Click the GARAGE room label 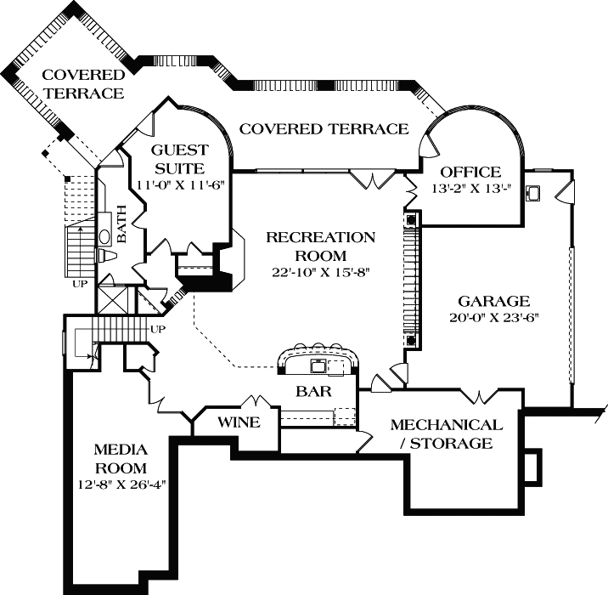coord(494,301)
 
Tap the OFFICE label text coord(470,172)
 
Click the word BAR coord(313,393)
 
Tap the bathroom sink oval coord(104,237)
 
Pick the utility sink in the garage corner coord(534,193)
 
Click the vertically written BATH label coord(121,224)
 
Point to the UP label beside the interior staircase coord(157,329)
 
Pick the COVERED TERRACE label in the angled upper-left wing coord(83,83)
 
